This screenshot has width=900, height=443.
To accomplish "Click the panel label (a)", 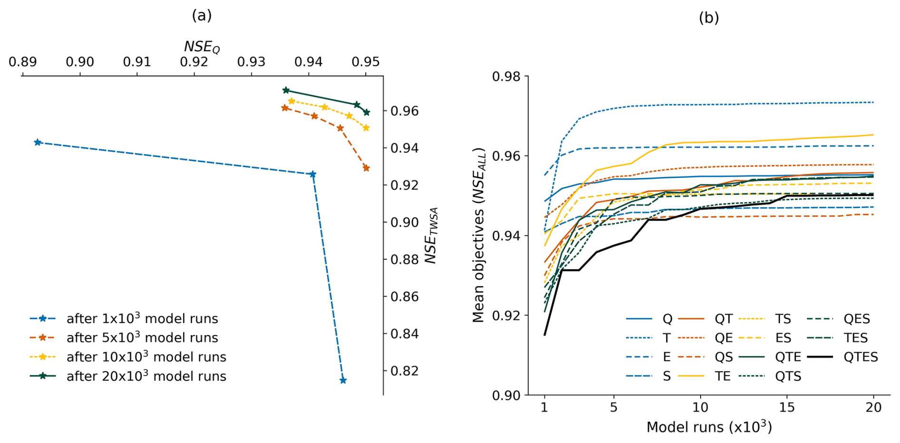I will (202, 16).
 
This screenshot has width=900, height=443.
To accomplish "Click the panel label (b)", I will (708, 18).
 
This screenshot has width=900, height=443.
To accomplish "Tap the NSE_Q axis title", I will (202, 47).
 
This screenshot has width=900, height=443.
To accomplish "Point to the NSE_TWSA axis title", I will (430, 236).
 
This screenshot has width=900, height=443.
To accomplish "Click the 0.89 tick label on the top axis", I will (22, 62).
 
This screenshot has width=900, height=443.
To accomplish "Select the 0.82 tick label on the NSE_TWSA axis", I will (404, 371).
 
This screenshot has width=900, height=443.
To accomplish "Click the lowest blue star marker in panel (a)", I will (343, 380).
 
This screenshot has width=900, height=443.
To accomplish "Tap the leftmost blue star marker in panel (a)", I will (38, 143).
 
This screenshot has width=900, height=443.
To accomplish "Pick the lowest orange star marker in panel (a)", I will (366, 168).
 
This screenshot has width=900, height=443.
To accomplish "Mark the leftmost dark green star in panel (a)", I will (286, 90).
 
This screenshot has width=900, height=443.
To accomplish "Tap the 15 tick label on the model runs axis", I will (787, 407).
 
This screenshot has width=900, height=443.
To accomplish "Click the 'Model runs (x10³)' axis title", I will (709, 427).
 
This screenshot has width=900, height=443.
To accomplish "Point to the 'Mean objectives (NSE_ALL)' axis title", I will (478, 236).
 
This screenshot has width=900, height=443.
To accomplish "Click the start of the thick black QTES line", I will (545, 335).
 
